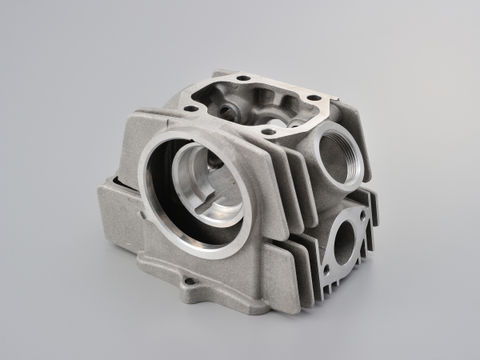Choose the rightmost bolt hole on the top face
pos(314,99)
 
